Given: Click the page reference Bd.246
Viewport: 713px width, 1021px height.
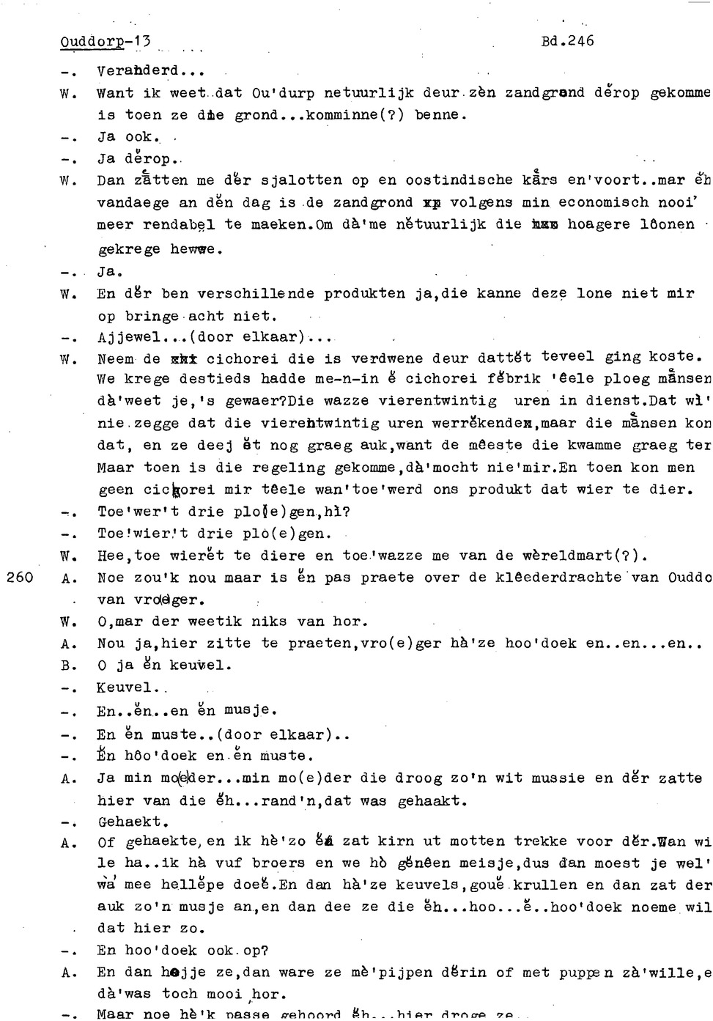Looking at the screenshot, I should point(567,41).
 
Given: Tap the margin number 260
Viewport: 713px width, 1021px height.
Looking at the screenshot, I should point(19,578).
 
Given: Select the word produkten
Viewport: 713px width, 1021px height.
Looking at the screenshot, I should point(364,293).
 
